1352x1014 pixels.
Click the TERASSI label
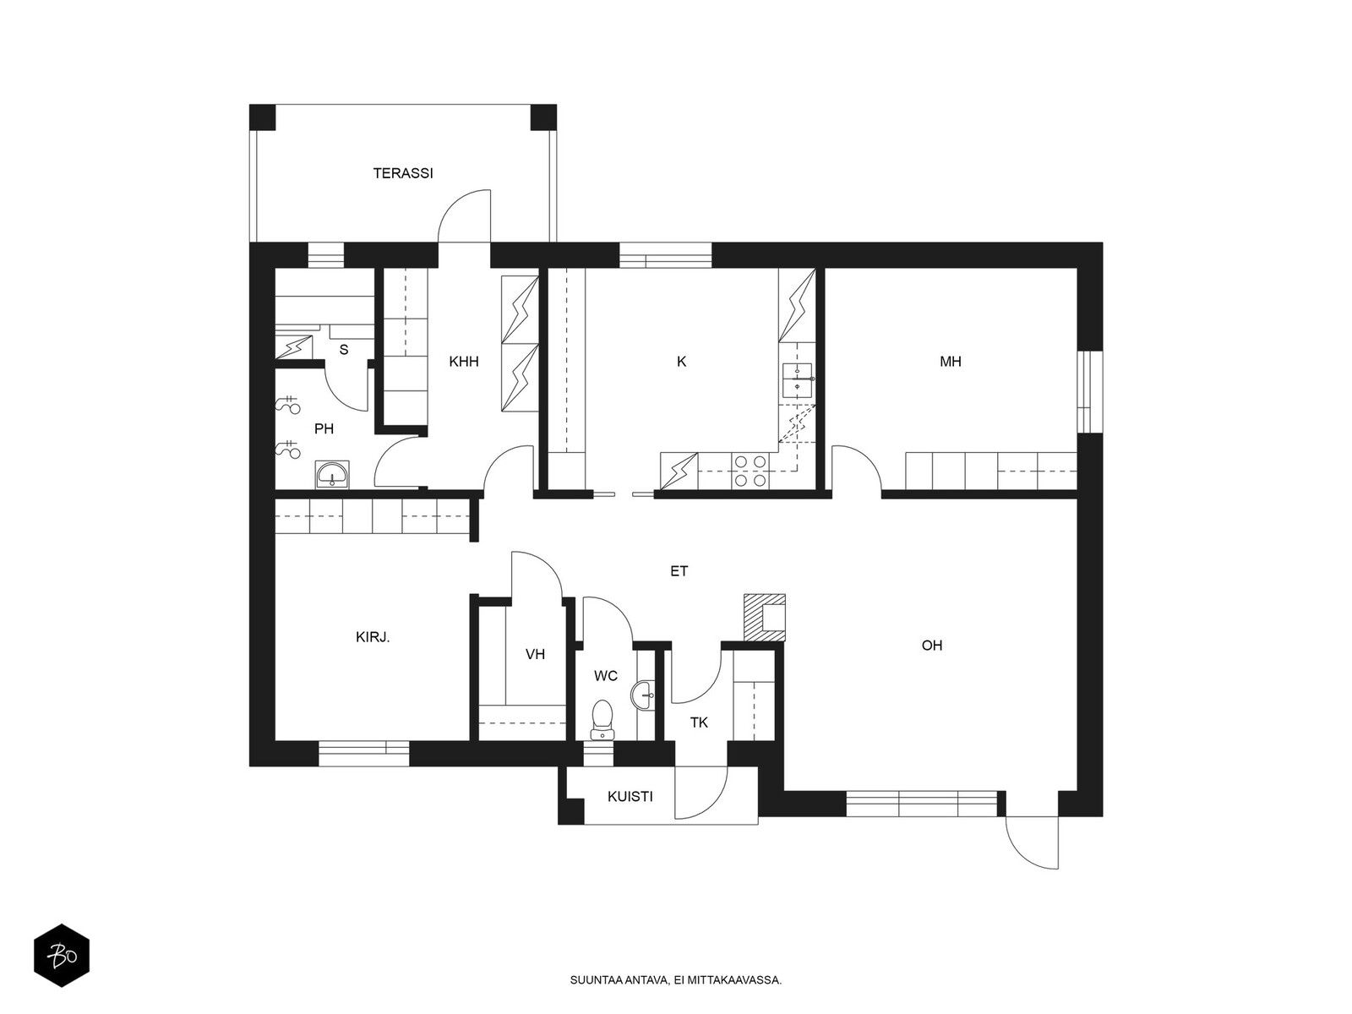[403, 173]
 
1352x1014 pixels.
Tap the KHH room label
[463, 362]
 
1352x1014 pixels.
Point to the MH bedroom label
[951, 362]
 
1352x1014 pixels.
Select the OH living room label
[932, 646]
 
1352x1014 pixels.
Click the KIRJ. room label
[373, 637]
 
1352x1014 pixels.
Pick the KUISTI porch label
[630, 797]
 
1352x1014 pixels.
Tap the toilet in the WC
[601, 719]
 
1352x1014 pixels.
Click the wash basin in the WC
[643, 695]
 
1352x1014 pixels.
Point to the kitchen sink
[798, 380]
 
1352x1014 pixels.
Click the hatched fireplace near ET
[765, 618]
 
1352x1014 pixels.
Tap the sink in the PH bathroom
[333, 474]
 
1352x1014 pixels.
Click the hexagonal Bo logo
[62, 956]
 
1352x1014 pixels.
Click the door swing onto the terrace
[465, 215]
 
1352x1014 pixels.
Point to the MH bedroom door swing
[857, 467]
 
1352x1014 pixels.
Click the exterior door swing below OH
[1032, 842]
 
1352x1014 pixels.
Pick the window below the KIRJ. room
[363, 754]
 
